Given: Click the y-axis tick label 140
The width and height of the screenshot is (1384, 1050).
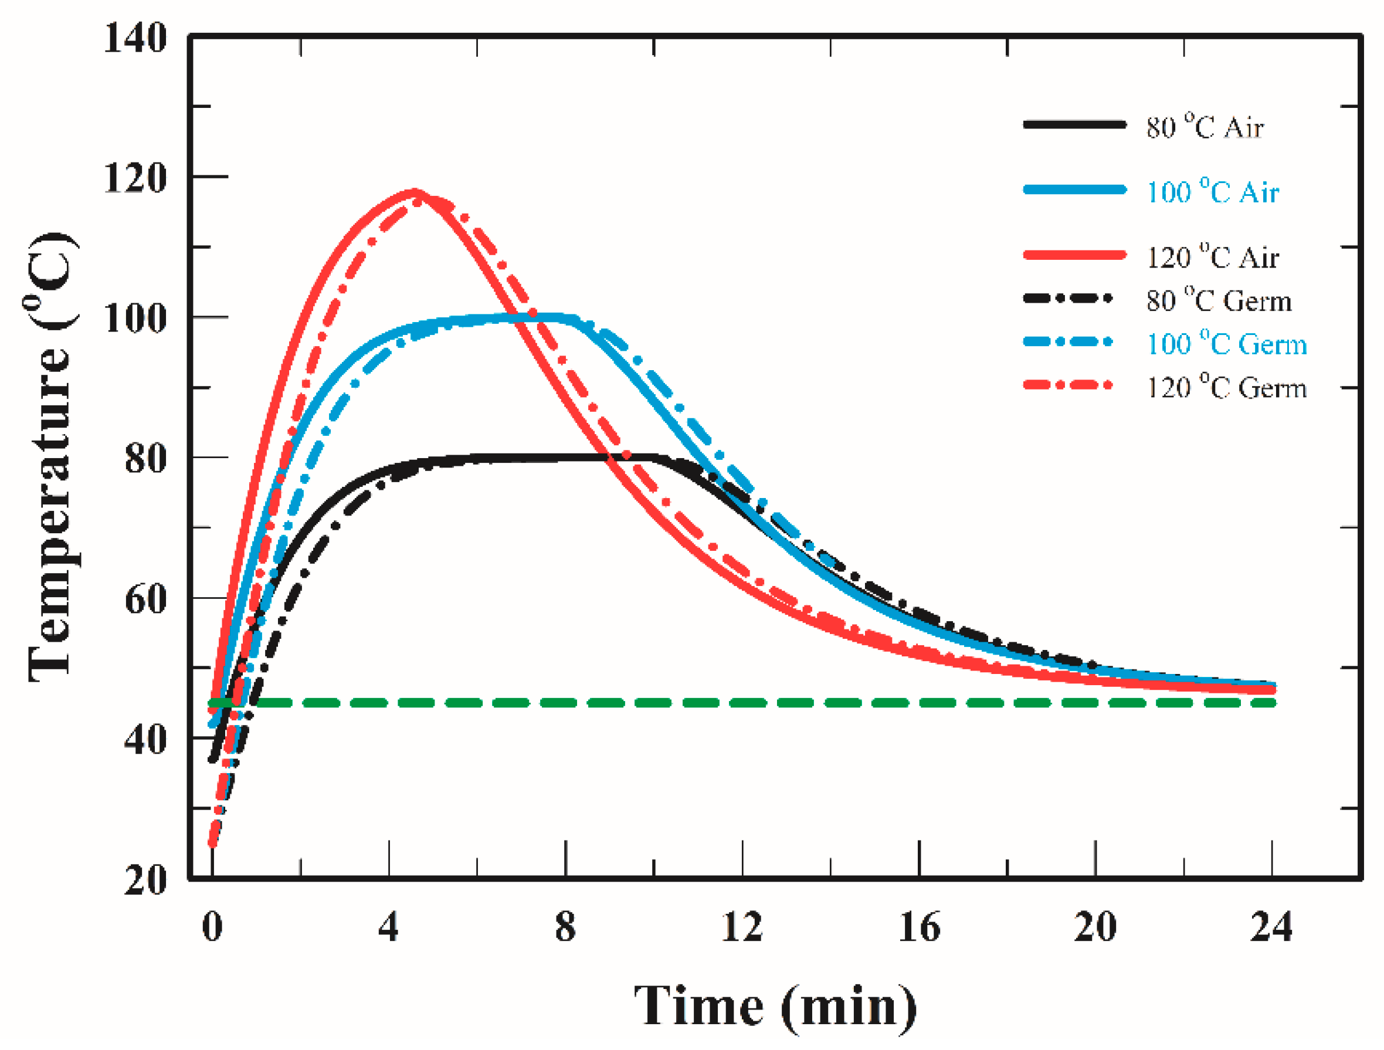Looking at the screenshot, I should (135, 38).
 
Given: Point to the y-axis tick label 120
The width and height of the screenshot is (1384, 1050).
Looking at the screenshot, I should (135, 178).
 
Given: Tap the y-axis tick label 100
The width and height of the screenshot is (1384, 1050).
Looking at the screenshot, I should (135, 319).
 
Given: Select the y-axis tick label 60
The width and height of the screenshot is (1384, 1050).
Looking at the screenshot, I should (145, 599).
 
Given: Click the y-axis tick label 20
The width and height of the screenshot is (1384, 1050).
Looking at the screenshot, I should (145, 880).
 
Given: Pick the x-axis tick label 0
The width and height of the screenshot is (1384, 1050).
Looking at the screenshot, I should (212, 927).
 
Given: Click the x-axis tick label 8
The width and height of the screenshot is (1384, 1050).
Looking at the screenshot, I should (565, 927).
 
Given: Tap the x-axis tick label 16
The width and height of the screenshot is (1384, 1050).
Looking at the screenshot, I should (918, 927).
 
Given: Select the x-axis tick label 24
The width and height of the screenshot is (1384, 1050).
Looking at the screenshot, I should (1271, 927).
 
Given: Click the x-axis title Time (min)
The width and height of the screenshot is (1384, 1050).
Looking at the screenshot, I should (775, 1006).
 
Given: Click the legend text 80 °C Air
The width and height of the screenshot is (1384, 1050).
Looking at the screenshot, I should (1205, 127).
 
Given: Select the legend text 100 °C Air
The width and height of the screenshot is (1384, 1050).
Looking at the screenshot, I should (1212, 191).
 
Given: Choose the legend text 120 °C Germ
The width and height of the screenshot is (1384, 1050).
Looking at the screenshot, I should (1226, 388).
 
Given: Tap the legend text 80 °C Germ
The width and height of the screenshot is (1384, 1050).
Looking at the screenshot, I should (1219, 301).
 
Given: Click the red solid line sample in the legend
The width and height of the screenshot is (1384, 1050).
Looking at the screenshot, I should (1074, 255).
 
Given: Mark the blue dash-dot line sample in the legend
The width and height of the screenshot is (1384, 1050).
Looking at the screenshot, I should (1068, 341).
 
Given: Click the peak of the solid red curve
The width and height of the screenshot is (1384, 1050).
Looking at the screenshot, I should (414, 191).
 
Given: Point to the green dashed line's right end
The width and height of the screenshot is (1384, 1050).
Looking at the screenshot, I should (1273, 703).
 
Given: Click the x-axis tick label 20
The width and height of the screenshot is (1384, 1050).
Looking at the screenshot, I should (1095, 927).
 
